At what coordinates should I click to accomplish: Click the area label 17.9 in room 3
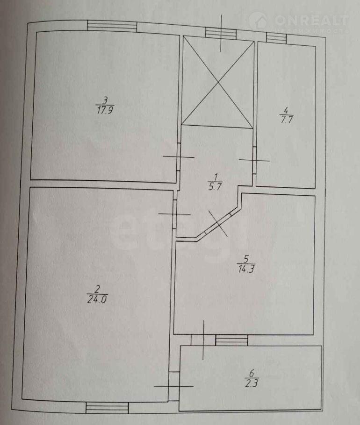click(105, 111)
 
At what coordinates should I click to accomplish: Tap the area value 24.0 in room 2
click(97, 300)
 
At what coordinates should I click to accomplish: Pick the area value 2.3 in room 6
click(251, 384)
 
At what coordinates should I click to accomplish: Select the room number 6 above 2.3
click(252, 374)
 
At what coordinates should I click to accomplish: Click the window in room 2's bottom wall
click(107, 408)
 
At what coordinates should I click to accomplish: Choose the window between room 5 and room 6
click(231, 340)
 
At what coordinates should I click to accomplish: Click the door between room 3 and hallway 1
click(178, 157)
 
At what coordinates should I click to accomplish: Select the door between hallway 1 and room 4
click(254, 160)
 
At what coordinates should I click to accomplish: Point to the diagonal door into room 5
click(218, 223)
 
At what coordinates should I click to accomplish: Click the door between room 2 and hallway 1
click(174, 214)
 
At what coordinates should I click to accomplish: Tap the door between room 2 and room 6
click(173, 386)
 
